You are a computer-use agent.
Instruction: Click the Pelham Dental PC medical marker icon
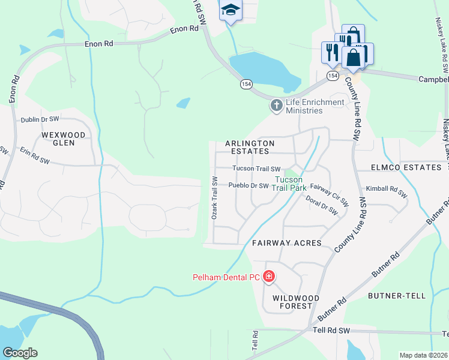tap(269, 277)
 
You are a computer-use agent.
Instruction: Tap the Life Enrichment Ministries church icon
tap(276, 106)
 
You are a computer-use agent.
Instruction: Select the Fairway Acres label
tap(286, 243)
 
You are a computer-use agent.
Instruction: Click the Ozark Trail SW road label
tap(214, 197)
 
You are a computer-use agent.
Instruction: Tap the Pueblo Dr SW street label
tap(248, 185)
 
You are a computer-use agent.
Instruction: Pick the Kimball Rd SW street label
tap(387, 192)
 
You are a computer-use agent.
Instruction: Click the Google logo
tap(20, 353)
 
